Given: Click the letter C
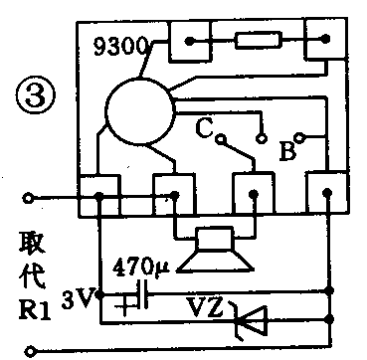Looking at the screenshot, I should pyautogui.click(x=203, y=127).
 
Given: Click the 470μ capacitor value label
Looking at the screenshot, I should pyautogui.click(x=144, y=268).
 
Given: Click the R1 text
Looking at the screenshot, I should pyautogui.click(x=31, y=306).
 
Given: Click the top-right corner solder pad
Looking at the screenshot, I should pyautogui.click(x=318, y=43).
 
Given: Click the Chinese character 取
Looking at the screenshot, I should pyautogui.click(x=31, y=243).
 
